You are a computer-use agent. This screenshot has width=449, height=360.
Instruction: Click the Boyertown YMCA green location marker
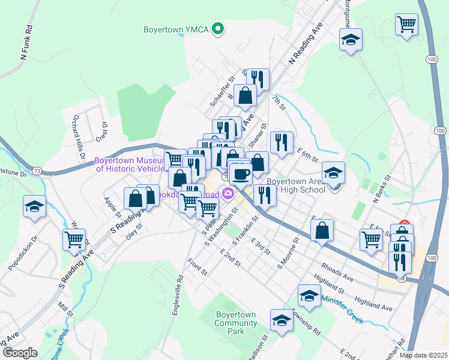pos(219,28)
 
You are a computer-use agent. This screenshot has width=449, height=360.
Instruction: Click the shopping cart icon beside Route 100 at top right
pos(406,25)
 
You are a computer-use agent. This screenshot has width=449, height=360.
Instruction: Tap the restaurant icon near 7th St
pos(258,78)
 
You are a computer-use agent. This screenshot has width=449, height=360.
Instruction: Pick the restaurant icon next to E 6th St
pos(282,142)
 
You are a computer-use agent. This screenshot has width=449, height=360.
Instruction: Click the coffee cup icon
pos(241,174)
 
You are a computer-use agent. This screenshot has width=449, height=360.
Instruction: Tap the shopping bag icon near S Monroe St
pos(322,230)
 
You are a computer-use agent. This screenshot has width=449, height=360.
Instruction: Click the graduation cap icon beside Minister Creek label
pos(309,296)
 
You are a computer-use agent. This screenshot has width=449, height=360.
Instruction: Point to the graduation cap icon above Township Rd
pos(282,320)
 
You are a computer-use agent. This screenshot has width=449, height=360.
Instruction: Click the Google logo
pos(20,352)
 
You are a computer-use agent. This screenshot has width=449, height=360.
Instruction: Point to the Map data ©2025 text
pos(423,355)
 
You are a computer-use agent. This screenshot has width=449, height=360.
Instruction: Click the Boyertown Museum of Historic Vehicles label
pos(129,164)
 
